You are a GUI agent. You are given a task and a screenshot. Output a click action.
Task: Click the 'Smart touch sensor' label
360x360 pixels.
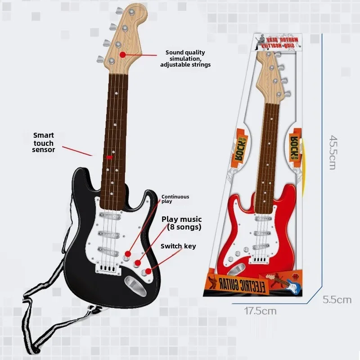(43, 142)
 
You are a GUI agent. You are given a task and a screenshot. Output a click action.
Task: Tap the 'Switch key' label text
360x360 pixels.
(178, 246)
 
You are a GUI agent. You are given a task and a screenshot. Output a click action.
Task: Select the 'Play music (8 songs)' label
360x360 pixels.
(182, 223)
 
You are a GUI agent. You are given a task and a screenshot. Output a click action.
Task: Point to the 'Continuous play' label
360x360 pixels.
(175, 199)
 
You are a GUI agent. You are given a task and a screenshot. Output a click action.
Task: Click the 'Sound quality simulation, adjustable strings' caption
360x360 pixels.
(185, 58)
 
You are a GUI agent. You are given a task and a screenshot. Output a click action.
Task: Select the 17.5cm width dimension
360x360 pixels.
(260, 310)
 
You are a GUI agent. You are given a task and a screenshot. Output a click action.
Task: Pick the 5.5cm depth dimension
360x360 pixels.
(337, 300)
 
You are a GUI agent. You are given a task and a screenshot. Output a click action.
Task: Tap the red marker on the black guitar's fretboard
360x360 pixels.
(110, 157)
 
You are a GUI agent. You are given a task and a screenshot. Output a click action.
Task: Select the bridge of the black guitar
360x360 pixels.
(108, 268)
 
